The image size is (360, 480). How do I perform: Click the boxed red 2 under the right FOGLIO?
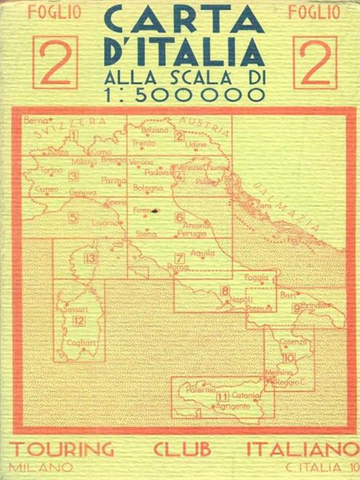click(x=314, y=62)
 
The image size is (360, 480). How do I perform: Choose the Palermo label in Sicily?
click(x=200, y=389)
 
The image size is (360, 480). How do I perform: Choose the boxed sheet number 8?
click(x=224, y=290)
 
